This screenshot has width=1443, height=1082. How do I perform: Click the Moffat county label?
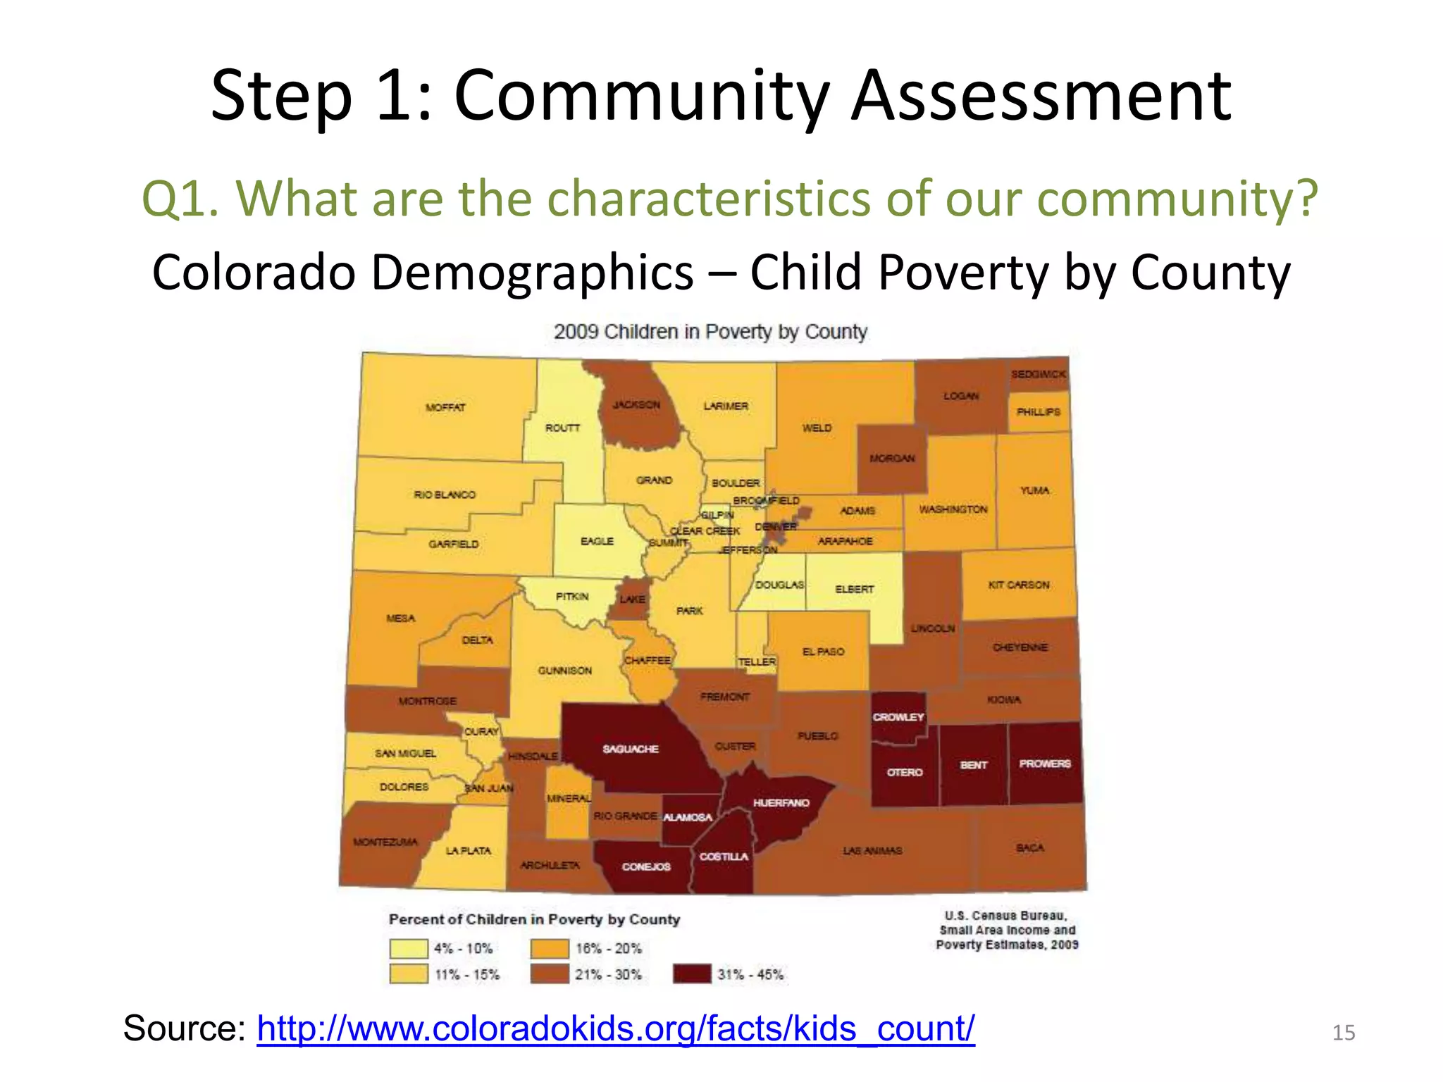point(445,407)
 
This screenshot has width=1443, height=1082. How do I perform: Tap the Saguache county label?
point(631,749)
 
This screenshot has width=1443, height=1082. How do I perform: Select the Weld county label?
point(817,428)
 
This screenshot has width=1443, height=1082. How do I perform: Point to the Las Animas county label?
point(872,850)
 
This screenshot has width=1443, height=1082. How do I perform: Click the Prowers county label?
point(1044,764)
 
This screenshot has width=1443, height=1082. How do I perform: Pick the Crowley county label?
point(898,717)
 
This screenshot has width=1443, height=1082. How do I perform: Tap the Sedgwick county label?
point(1039,374)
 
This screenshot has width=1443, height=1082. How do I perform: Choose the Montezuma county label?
point(385,842)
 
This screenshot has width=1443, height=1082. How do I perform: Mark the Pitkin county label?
point(571,597)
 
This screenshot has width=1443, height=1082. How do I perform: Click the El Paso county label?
point(823,652)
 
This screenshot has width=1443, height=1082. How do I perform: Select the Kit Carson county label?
point(1018,585)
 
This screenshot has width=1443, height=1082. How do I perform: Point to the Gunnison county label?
point(565,671)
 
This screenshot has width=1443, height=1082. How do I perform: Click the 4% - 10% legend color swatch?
point(409,948)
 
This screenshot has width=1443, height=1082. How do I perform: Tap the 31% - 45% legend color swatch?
point(692,974)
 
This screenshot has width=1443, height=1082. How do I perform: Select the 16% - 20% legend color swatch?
point(550,948)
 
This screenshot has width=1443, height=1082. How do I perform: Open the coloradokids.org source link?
point(615,1028)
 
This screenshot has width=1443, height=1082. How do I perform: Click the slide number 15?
point(1344,1033)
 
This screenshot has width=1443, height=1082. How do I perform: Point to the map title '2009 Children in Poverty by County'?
point(710,332)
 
